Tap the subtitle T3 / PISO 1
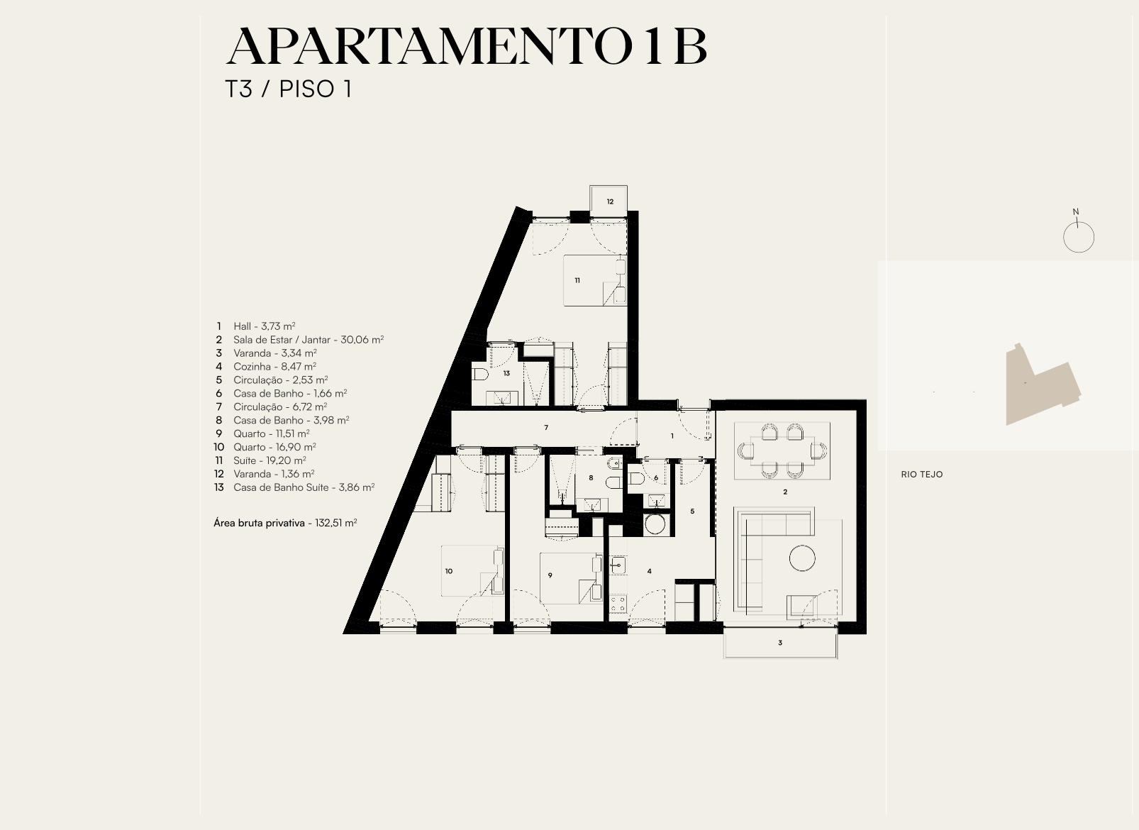pyautogui.click(x=289, y=89)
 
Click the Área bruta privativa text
pyautogui.click(x=259, y=523)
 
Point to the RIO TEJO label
pyautogui.click(x=922, y=475)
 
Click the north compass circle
pyautogui.click(x=1079, y=237)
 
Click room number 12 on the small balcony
pyautogui.click(x=610, y=202)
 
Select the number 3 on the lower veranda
pyautogui.click(x=780, y=643)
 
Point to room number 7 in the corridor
pyautogui.click(x=546, y=428)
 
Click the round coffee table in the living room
pyautogui.click(x=802, y=558)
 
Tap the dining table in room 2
pyautogui.click(x=782, y=450)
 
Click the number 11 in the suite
pyautogui.click(x=577, y=280)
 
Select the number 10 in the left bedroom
pyautogui.click(x=449, y=571)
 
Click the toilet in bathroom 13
pyautogui.click(x=480, y=375)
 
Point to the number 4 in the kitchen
pyautogui.click(x=650, y=571)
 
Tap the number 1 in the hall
pyautogui.click(x=672, y=436)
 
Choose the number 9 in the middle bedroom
pyautogui.click(x=550, y=575)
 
